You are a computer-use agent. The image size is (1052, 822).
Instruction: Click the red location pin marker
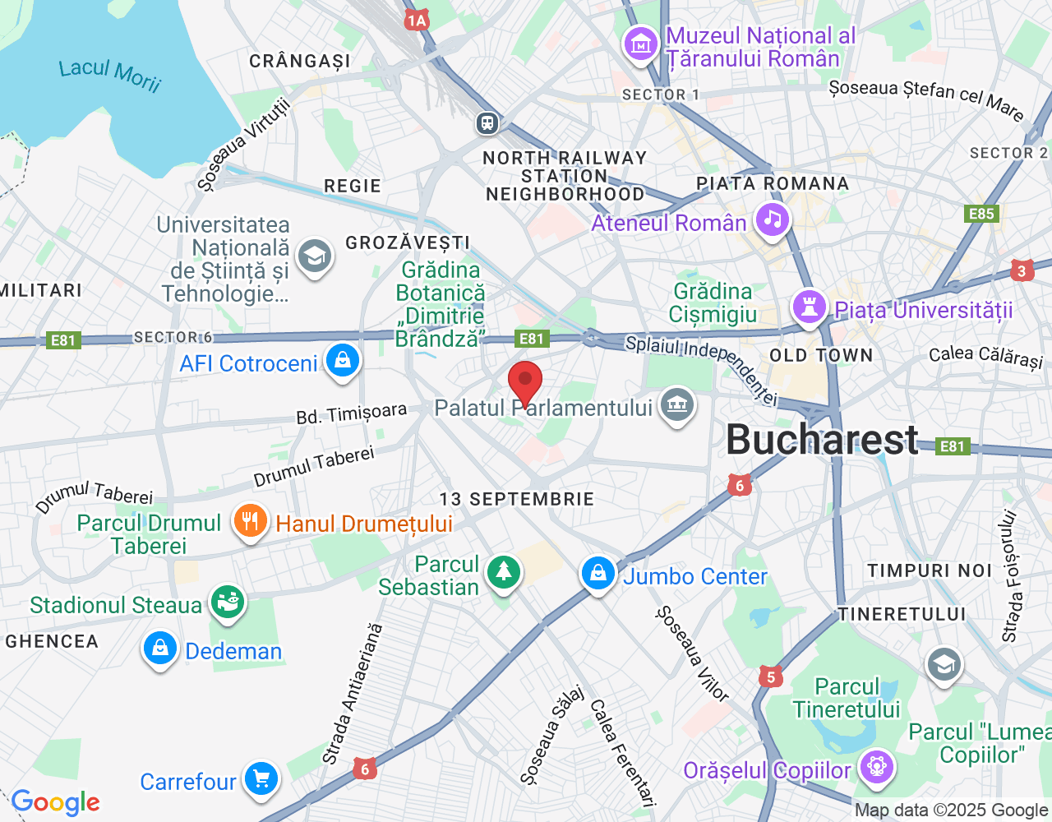[x=525, y=383]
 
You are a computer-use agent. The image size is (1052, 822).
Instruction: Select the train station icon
[x=487, y=123]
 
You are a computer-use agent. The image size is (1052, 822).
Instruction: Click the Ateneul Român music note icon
[x=772, y=219]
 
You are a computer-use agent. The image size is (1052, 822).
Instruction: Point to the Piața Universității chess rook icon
[x=809, y=307]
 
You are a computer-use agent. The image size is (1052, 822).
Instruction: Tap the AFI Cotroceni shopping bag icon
[x=342, y=360]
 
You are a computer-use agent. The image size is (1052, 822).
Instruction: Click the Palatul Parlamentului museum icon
[x=676, y=404]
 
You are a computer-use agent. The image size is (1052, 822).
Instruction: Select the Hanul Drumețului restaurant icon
[x=250, y=521]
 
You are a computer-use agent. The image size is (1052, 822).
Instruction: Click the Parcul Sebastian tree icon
[x=503, y=571]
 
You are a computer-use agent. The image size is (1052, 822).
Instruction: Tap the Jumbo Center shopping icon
[x=598, y=574]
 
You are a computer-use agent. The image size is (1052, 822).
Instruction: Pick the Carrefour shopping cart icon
[x=261, y=778]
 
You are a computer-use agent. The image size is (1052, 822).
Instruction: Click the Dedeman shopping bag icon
[x=160, y=649]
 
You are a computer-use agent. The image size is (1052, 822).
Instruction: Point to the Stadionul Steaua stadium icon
[x=228, y=603]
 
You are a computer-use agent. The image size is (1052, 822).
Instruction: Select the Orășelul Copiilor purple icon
[x=876, y=768]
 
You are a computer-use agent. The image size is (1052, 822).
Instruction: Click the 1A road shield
[x=417, y=21]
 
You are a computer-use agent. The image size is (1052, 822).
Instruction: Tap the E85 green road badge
[x=981, y=215]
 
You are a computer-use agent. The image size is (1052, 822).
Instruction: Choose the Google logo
[x=56, y=802]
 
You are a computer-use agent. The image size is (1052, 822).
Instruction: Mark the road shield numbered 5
[x=770, y=677]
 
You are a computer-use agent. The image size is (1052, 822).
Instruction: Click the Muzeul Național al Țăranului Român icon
[x=640, y=44]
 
